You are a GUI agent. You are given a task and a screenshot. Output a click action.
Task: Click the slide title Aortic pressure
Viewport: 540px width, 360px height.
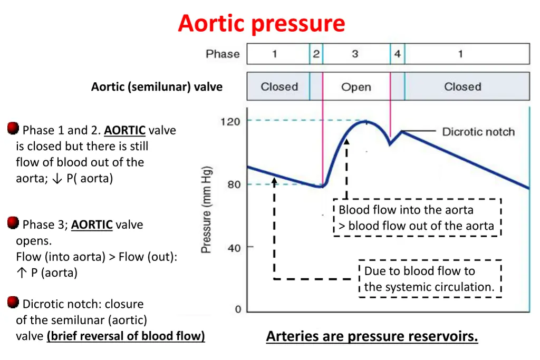point(262,24)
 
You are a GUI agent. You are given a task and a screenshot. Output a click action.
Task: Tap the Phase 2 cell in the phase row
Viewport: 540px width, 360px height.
point(316,54)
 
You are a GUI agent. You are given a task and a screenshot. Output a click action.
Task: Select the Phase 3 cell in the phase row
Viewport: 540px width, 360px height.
point(355,54)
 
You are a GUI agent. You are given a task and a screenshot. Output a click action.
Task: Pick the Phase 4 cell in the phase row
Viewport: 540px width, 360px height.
point(397,54)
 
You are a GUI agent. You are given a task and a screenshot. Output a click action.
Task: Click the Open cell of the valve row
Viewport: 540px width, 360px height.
point(356,87)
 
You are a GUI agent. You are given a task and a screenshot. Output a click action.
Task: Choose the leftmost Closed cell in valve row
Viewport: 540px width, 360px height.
point(279,87)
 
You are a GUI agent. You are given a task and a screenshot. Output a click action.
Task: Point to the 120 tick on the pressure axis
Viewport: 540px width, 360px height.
point(230,121)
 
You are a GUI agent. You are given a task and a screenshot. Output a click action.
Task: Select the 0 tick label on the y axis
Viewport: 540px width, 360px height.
point(238,309)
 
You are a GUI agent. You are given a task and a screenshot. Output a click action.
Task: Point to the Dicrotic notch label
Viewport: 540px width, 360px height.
point(478,132)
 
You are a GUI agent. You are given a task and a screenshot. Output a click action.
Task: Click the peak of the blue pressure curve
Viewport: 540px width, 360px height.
point(366,122)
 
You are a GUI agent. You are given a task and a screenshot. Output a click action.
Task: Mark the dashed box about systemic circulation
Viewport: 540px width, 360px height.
point(430,279)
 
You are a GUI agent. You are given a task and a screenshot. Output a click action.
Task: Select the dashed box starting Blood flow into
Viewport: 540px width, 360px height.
point(417,218)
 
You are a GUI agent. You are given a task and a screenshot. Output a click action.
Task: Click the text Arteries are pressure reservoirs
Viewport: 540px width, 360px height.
point(372,336)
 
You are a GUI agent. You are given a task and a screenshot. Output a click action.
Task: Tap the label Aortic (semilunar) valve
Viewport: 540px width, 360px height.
point(157,87)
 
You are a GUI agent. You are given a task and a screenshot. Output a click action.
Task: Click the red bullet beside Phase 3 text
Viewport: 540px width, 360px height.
point(13,223)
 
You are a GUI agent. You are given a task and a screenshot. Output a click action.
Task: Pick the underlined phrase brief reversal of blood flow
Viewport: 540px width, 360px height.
point(126,336)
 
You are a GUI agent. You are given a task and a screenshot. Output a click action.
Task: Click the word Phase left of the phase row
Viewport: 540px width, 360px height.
point(223,54)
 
